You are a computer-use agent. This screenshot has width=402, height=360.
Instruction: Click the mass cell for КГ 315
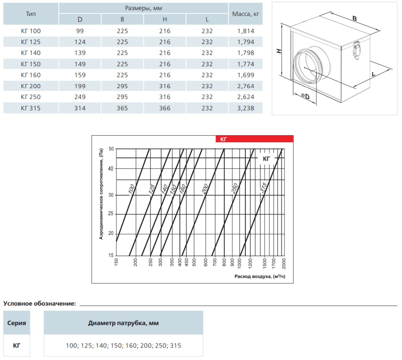(246, 108)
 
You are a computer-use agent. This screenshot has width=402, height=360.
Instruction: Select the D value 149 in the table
(80, 64)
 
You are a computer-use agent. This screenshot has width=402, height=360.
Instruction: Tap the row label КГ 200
(31, 86)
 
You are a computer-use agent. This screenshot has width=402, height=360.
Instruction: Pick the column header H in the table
(165, 19)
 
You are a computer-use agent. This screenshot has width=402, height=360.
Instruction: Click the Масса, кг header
(246, 14)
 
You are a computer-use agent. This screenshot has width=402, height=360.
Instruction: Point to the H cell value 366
(165, 108)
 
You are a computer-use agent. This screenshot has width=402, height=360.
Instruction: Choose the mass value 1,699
(246, 75)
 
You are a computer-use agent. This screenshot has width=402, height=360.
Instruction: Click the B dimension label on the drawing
(354, 18)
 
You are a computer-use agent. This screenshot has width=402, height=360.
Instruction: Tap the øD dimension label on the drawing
(305, 96)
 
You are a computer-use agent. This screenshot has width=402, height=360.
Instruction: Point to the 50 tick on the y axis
(111, 149)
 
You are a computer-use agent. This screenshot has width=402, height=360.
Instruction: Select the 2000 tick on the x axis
(284, 264)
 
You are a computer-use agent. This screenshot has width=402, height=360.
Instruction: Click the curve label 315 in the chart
(263, 187)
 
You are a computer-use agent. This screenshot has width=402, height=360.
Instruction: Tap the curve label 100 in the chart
(131, 189)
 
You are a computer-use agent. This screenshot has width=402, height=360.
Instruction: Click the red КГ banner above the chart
(254, 139)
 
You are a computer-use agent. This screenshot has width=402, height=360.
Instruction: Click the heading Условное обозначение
(40, 304)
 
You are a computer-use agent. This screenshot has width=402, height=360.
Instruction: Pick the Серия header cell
(17, 323)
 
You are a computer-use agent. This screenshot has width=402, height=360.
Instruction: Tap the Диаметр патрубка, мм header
(123, 323)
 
